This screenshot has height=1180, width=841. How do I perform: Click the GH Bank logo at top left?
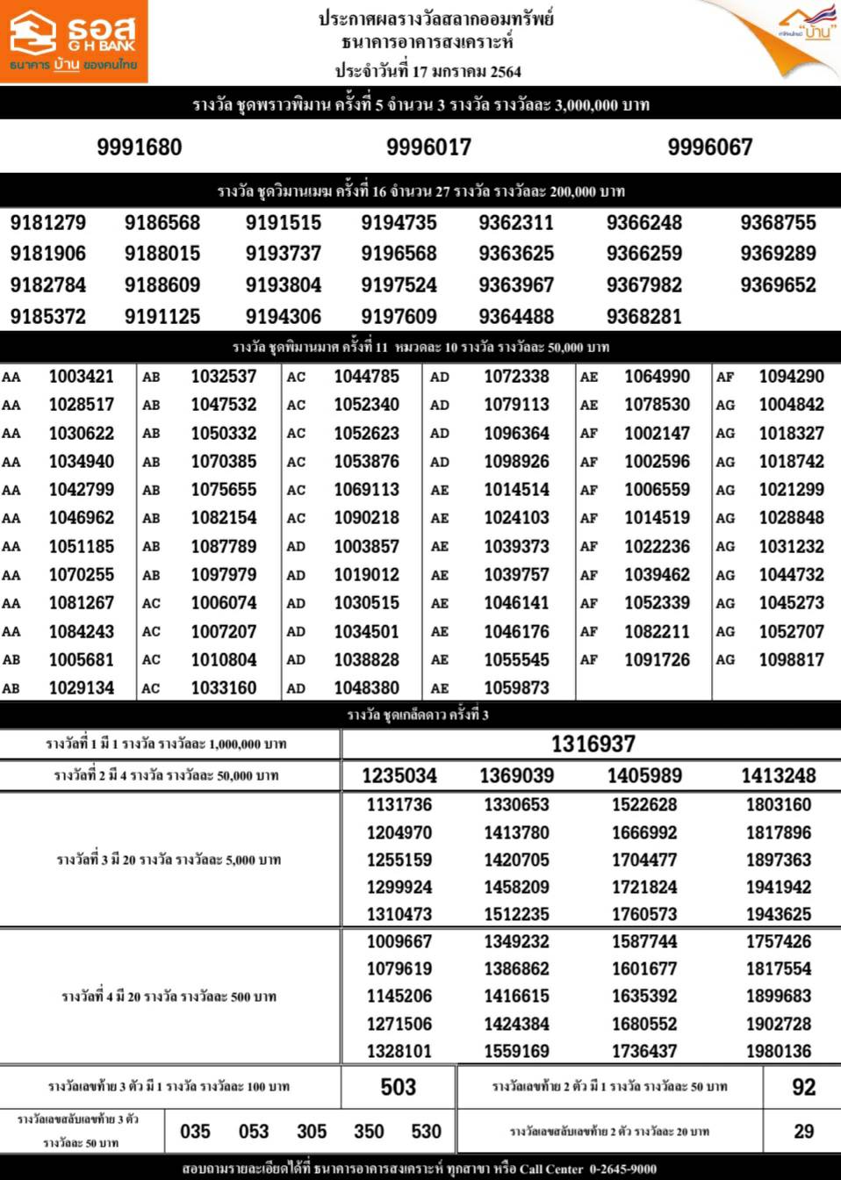tap(74, 41)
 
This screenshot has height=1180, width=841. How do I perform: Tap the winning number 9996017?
tap(428, 147)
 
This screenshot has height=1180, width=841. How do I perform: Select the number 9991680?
tap(140, 147)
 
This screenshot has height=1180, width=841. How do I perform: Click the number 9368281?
tap(643, 316)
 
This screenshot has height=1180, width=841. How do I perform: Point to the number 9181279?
tap(48, 223)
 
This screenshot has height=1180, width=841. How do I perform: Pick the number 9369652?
tap(778, 285)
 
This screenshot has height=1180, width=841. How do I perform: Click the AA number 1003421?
tap(82, 377)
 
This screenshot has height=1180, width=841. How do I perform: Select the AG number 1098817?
tap(791, 659)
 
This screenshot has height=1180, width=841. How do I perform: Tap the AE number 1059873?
tap(516, 688)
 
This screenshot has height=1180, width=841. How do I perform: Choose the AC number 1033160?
tap(224, 688)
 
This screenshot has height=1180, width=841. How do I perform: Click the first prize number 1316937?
tap(593, 745)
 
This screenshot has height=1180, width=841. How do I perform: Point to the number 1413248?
tap(778, 775)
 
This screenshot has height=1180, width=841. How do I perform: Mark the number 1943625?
tap(778, 914)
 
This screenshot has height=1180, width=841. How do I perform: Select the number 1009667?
tap(399, 941)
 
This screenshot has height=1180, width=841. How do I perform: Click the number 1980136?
tap(778, 1051)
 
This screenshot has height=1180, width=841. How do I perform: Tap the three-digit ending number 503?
tap(398, 1087)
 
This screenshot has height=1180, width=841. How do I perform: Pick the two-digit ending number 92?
tap(803, 1087)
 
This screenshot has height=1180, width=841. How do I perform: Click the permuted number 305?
tap(312, 1132)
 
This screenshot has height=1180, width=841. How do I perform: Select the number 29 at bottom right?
tap(803, 1132)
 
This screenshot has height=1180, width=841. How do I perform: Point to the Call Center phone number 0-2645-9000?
tap(623, 1169)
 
